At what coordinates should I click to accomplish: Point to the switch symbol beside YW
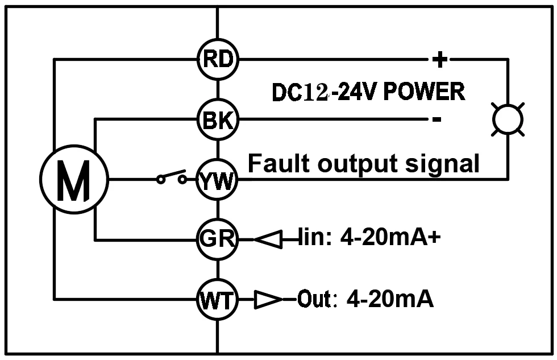pos(172,177)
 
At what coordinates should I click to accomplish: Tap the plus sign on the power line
pos(439,59)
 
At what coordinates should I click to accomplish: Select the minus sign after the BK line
pos(436,119)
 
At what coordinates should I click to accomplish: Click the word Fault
pos(279,164)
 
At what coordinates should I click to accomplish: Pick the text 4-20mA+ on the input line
pos(390,239)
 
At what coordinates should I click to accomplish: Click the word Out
pos(314,299)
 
